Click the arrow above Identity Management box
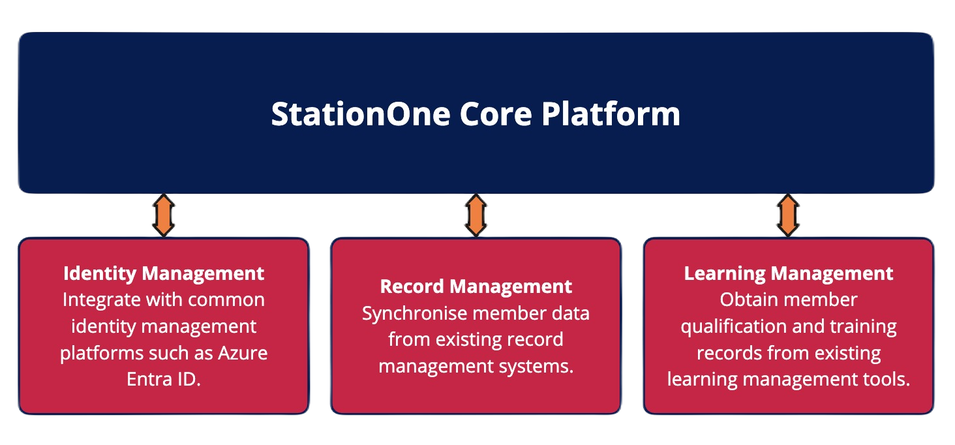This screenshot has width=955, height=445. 163,215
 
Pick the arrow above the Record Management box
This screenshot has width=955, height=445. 476,215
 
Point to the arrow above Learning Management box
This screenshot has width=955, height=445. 788,215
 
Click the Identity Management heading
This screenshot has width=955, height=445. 164,273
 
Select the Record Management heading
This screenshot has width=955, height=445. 476,286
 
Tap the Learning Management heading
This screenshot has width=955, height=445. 788,273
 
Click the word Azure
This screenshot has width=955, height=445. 243,353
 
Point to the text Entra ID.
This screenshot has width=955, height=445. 164,380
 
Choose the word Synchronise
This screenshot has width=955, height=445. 415,313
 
